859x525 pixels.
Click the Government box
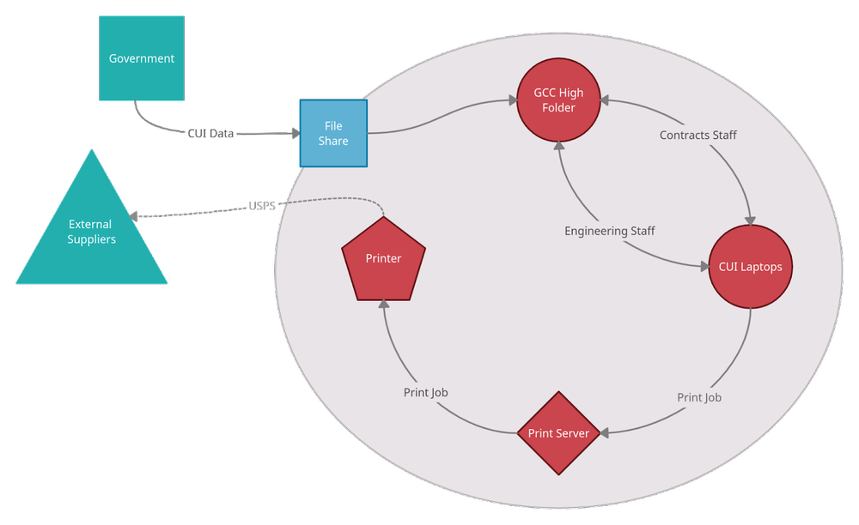click(141, 58)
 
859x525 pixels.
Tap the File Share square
click(333, 134)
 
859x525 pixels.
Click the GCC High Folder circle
click(558, 100)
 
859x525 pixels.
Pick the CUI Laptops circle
click(750, 267)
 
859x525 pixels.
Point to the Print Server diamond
click(558, 433)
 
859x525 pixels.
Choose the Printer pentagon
click(383, 259)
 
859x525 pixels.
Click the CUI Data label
click(211, 134)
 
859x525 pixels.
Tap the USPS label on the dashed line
click(261, 206)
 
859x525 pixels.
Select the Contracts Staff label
click(698, 135)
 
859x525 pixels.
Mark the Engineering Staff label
click(609, 231)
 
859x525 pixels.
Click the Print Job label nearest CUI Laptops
click(698, 397)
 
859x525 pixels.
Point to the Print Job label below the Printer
click(425, 392)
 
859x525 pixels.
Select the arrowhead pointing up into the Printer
click(383, 306)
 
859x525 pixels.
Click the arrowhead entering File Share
click(293, 134)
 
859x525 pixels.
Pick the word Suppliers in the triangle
click(92, 239)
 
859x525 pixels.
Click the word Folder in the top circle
click(558, 108)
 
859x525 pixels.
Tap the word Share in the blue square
click(333, 141)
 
